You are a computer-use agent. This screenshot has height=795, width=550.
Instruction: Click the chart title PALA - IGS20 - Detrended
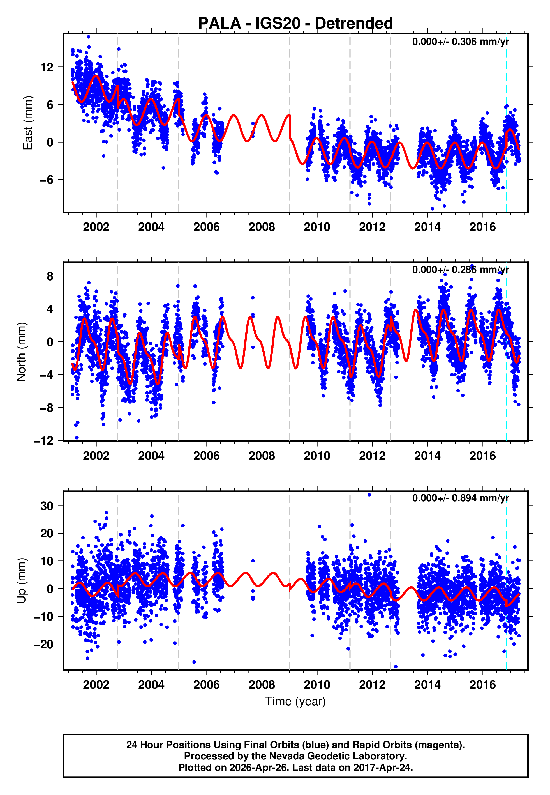click(295, 24)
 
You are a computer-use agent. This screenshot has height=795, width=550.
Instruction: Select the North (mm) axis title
click(21, 352)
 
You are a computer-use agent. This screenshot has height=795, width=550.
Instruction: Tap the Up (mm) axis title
click(21, 581)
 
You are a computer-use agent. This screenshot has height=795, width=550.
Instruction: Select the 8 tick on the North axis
click(50, 276)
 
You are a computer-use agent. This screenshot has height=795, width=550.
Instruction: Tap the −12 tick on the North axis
click(44, 441)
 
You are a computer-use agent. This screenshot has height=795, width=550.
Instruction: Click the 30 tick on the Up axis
click(47, 506)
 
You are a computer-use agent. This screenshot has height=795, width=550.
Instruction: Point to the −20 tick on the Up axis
click(44, 644)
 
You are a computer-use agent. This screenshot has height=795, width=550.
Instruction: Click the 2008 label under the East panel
click(262, 227)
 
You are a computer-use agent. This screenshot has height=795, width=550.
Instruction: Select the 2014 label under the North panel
click(427, 456)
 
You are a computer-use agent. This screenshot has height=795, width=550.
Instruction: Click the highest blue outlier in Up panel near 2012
click(369, 495)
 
